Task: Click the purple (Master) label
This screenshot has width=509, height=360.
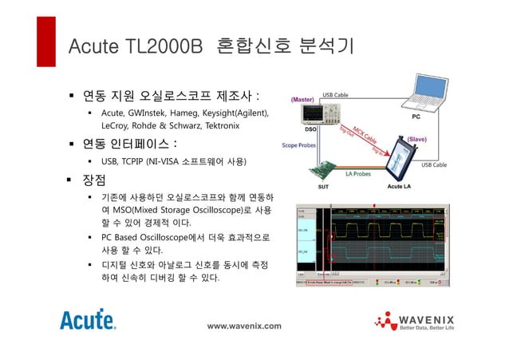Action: [303, 100]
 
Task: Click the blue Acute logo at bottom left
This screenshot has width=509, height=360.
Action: [88, 320]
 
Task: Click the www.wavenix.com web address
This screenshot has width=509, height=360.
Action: [244, 326]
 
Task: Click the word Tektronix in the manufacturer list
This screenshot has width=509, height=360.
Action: [215, 126]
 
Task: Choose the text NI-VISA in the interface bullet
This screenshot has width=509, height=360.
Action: [174, 162]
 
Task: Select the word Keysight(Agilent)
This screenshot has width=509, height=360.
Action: [235, 113]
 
